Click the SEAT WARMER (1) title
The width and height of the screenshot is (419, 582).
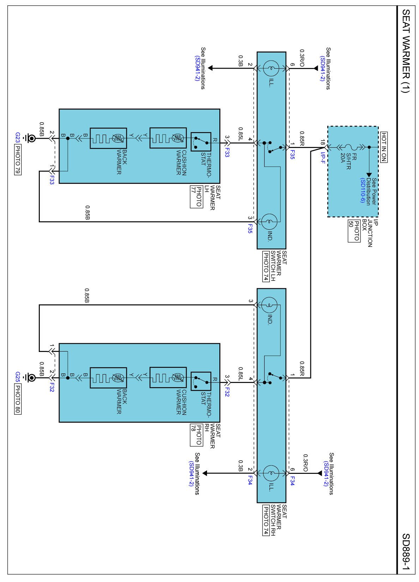coord(406,51)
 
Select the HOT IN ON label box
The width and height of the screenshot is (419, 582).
coord(384,147)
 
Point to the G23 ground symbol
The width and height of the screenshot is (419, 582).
coord(30,138)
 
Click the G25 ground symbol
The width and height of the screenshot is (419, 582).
coord(30,378)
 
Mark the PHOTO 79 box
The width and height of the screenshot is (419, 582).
coord(17,160)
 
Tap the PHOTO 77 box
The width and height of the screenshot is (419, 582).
coord(196,197)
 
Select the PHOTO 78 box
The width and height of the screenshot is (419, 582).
coord(196,435)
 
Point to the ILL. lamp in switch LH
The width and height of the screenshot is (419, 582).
coord(271,68)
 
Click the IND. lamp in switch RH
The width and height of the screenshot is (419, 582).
coord(269,305)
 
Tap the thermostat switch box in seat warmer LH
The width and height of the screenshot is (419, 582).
coord(201,142)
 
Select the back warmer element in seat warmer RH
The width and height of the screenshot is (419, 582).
coord(109,378)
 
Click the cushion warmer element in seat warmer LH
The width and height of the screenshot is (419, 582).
coord(168,138)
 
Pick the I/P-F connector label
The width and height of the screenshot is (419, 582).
coord(323,158)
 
